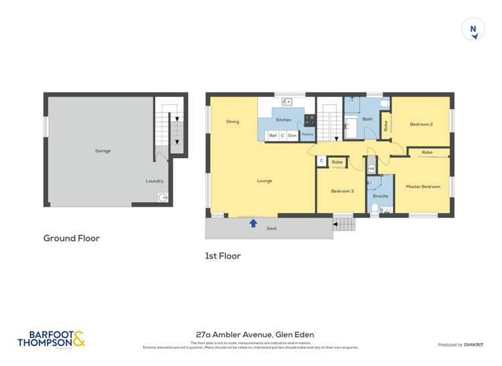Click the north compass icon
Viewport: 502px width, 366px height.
[x=473, y=29]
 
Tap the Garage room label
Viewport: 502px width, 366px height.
[x=102, y=151]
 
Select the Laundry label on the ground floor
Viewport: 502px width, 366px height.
[x=155, y=181]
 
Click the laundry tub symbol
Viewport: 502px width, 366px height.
[x=163, y=197]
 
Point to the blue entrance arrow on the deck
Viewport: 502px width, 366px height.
[x=253, y=223]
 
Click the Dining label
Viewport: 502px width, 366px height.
[x=232, y=122]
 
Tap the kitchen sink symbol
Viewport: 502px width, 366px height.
[x=286, y=102]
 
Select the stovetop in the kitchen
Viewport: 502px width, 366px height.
[x=309, y=120]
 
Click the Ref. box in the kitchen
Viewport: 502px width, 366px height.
[x=273, y=135]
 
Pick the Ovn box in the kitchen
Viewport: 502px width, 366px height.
[x=292, y=135]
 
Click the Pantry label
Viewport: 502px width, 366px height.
[x=307, y=134]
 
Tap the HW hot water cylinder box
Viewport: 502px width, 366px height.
[x=371, y=169]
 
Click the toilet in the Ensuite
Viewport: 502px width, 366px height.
[x=375, y=209]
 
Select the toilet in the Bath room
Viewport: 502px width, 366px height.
[x=384, y=104]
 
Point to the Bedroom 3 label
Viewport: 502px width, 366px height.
[x=342, y=191]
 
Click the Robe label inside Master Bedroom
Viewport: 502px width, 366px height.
[x=426, y=153]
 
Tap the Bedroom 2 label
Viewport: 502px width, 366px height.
[x=421, y=124]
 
